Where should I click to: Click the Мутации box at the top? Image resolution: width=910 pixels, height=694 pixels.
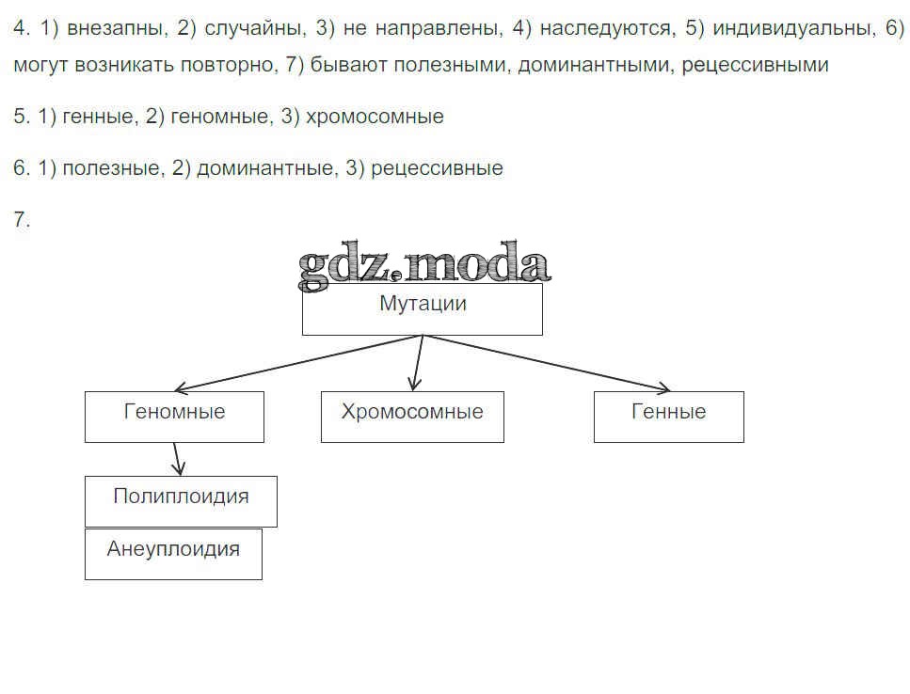coord(422,308)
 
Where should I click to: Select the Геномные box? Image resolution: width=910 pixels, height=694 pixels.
coord(174,417)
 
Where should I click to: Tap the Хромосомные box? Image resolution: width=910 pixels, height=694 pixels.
coord(412,417)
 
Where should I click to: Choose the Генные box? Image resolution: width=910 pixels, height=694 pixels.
coord(668,417)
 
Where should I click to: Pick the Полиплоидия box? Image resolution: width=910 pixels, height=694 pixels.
coord(181,500)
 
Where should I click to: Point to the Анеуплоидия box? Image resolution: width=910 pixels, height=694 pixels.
coord(173,554)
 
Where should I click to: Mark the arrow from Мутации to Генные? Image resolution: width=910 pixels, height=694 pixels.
coord(546,363)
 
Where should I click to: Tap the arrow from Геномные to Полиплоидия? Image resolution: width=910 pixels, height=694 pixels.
coord(177,459)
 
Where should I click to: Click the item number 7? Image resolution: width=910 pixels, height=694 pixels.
coord(22,220)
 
